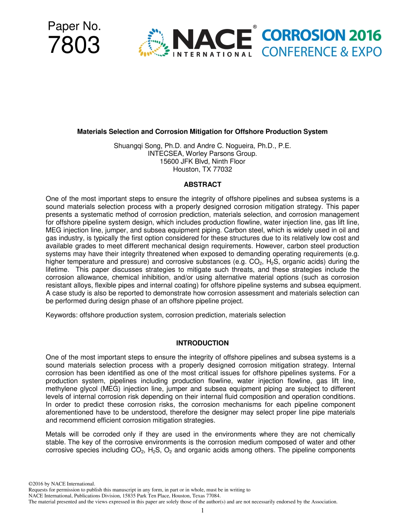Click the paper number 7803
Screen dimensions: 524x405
74,46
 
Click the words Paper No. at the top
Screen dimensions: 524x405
74,26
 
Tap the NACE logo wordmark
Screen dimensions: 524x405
211,39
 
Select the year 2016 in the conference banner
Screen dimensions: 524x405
364,36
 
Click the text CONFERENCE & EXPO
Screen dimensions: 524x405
321,52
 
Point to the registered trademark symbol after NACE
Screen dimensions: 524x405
255,27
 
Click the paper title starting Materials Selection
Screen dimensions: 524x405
202,132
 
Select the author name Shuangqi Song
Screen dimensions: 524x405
136,146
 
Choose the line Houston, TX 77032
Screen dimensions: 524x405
202,169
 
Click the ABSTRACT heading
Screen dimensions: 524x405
202,184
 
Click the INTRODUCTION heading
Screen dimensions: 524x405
202,343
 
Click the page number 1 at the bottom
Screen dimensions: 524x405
202,511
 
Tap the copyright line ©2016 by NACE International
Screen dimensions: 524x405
61,484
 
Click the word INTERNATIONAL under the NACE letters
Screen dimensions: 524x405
211,54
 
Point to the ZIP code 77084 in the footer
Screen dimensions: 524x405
212,495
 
